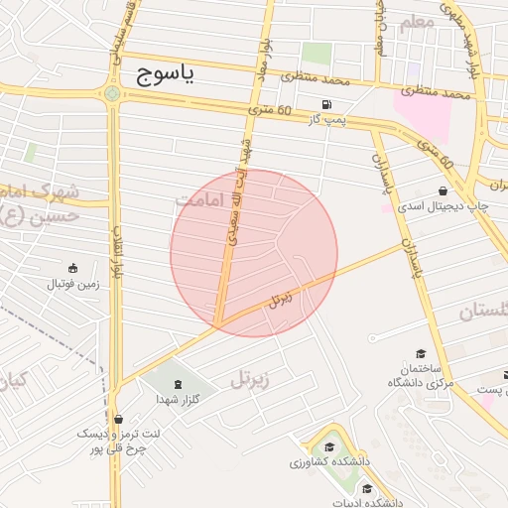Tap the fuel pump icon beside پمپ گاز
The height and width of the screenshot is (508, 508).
[x=324, y=104]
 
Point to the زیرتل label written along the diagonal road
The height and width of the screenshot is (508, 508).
[x=282, y=298]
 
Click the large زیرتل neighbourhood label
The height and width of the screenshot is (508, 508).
[x=251, y=378]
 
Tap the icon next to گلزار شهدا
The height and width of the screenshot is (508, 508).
[x=177, y=384]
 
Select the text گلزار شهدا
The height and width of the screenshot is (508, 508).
[x=178, y=399]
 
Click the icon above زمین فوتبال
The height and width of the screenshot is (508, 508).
[x=71, y=268]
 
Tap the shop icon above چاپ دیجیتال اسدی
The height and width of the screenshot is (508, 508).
[x=442, y=190]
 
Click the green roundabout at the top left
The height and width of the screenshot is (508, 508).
[x=112, y=94]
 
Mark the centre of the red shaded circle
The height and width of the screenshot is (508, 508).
[x=254, y=253]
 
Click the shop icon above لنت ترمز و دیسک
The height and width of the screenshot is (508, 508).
[x=119, y=419]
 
